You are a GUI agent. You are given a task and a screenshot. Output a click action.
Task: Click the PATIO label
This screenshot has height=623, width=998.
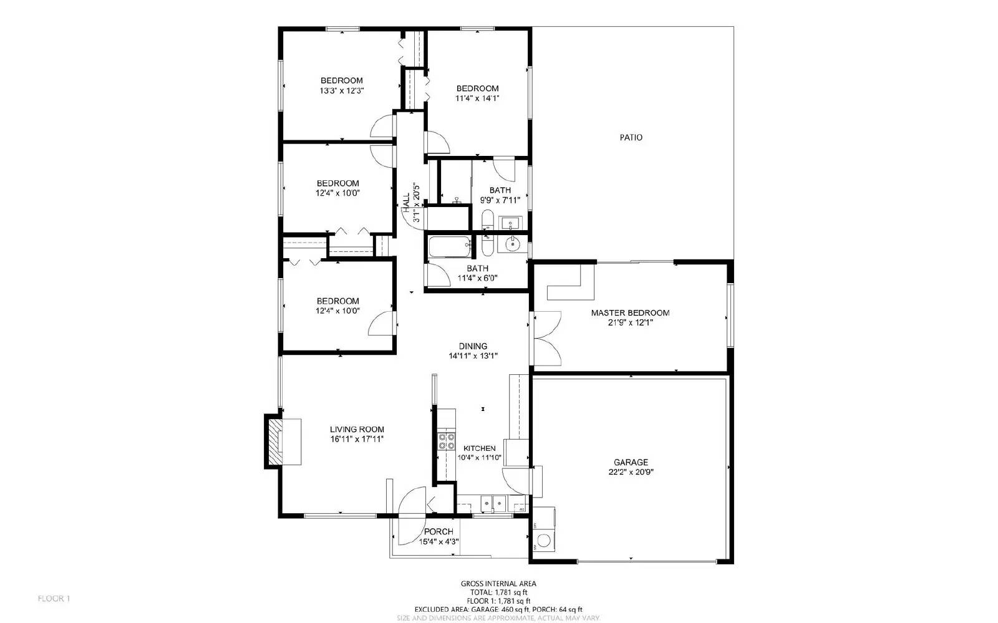[x=631, y=137]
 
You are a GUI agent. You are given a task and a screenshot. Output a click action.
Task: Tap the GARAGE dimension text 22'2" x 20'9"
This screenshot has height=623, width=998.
[x=630, y=472]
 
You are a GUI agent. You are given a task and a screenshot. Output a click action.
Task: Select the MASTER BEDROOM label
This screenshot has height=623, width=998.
[x=630, y=312]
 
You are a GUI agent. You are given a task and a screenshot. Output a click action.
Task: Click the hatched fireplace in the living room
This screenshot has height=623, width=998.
[x=274, y=442]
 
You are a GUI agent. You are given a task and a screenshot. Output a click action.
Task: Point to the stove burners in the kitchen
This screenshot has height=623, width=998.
[x=446, y=442]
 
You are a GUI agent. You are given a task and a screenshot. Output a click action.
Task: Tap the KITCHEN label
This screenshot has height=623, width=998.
[x=479, y=448]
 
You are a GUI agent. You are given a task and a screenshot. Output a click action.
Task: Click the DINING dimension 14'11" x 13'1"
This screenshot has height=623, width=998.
[x=473, y=356]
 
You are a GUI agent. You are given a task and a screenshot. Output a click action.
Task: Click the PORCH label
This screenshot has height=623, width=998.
[x=438, y=531]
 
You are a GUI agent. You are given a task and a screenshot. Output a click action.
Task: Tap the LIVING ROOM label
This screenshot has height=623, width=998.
[x=357, y=429]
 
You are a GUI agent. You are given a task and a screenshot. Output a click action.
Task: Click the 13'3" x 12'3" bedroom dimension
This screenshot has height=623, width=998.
[x=342, y=90]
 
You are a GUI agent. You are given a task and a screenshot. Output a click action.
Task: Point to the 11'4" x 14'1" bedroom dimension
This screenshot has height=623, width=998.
[x=477, y=98]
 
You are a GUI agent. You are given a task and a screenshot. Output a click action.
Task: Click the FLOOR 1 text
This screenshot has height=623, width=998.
[x=54, y=599]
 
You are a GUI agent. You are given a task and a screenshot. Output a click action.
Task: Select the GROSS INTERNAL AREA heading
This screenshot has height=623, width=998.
[x=498, y=584]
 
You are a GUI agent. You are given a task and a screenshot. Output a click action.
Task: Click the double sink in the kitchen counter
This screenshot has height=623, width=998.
[x=493, y=503]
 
